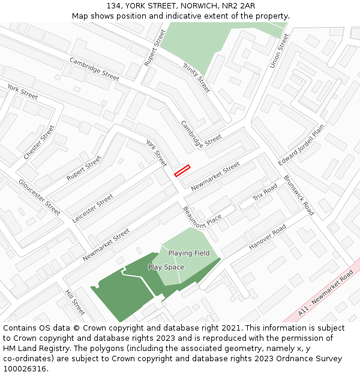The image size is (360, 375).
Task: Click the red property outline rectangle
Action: (182, 170)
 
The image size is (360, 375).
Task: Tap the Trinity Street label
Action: (197, 78)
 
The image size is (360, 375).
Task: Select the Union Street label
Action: (279, 50)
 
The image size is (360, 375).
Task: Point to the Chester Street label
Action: (38, 143)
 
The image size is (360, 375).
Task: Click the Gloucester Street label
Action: (39, 197)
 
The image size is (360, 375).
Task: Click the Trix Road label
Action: (265, 193)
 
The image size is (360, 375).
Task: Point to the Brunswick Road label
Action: (299, 196)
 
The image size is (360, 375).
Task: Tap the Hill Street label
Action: (75, 302)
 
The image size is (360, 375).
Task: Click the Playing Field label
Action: (189, 253)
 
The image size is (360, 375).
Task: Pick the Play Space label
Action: (166, 267)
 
